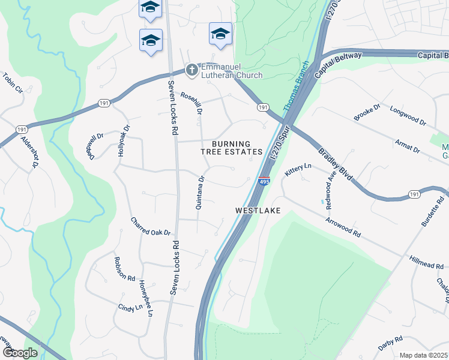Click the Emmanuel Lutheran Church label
(232, 71)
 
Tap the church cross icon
(191, 71)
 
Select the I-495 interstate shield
(264, 181)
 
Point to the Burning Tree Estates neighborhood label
(231, 148)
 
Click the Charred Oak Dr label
(151, 226)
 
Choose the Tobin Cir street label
(13, 83)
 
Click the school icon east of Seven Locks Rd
(220, 34)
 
